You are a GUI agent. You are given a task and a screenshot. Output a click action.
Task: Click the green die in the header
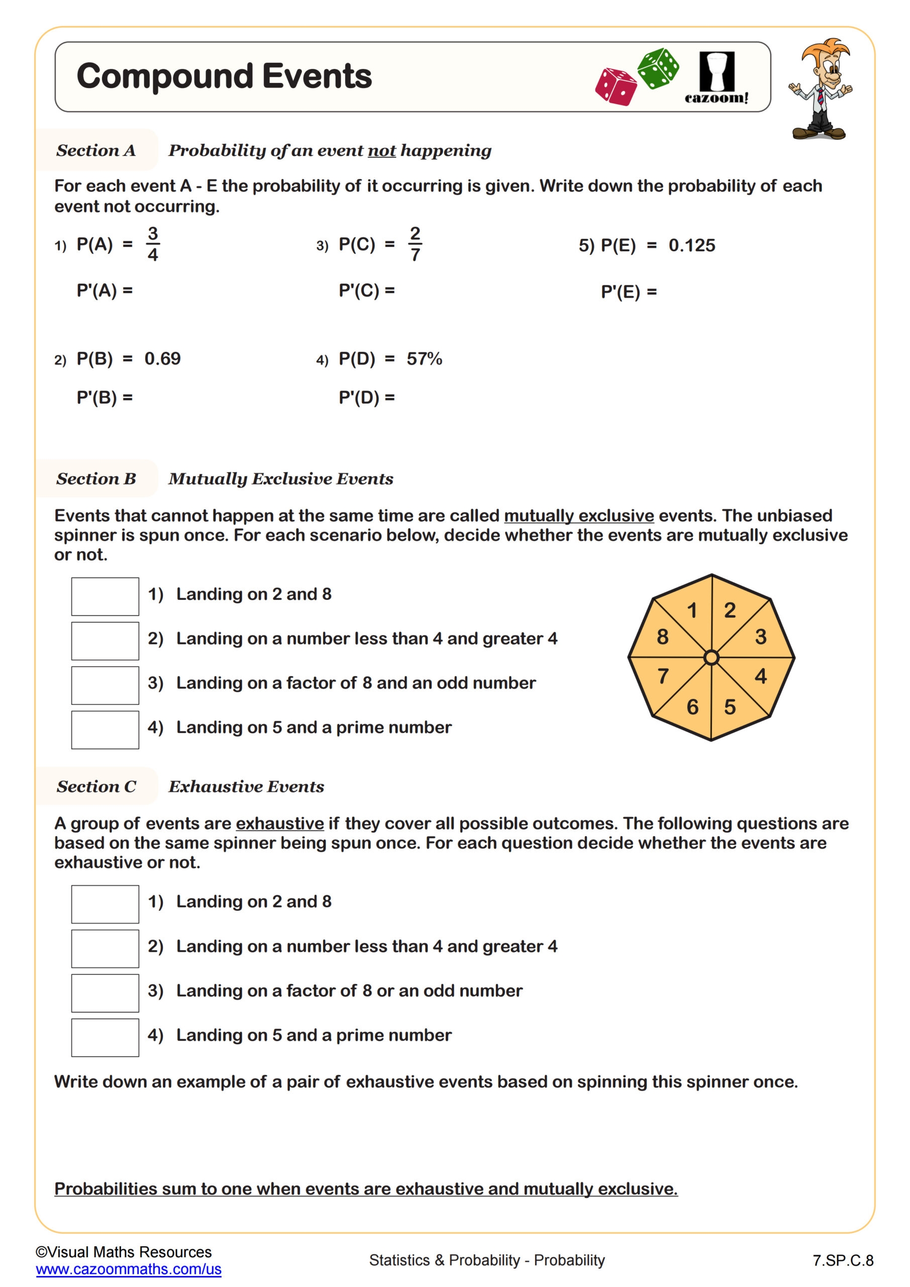tap(658, 68)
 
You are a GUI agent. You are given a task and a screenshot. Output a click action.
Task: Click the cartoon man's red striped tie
tap(821, 97)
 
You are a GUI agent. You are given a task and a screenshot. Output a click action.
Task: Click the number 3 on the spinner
tap(760, 637)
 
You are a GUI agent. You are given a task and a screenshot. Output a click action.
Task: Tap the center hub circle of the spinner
tap(711, 658)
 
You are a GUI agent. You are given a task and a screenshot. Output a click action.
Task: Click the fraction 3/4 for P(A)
tap(152, 244)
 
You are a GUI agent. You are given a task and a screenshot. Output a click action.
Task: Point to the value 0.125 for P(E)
tap(691, 245)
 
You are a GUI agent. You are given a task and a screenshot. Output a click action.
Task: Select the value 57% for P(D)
tap(424, 359)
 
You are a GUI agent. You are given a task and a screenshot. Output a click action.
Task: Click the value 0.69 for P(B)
tap(162, 359)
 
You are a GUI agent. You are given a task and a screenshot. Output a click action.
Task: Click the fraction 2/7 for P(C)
tap(415, 244)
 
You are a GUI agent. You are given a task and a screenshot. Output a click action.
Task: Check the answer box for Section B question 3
tap(105, 685)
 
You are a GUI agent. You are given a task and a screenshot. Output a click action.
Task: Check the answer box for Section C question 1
tap(105, 904)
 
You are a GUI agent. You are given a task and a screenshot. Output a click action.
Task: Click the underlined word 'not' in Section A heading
tap(381, 151)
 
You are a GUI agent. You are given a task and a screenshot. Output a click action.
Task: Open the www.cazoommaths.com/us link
tap(128, 1269)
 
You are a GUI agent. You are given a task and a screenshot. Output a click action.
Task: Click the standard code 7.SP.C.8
tap(843, 1261)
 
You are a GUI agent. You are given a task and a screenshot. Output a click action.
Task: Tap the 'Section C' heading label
tap(96, 786)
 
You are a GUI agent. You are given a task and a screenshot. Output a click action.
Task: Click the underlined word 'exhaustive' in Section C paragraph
tap(279, 823)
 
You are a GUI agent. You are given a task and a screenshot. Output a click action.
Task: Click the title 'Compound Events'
tap(224, 76)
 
